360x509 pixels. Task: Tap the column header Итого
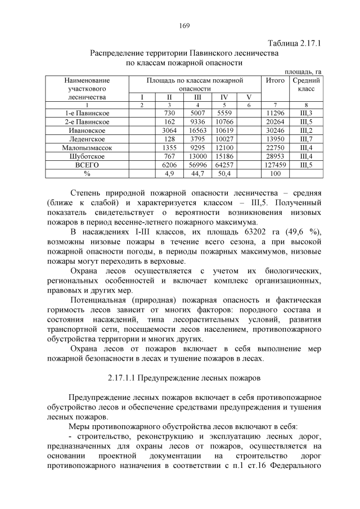(x=275, y=81)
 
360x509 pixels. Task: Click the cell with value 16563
(x=197, y=130)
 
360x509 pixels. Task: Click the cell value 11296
(x=275, y=113)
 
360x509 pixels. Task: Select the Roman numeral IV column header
(x=224, y=97)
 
